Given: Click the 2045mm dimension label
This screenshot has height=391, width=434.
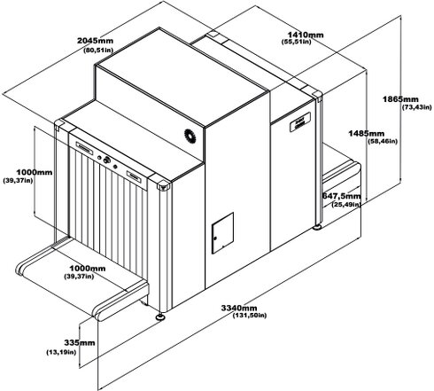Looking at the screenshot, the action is [x=95, y=40].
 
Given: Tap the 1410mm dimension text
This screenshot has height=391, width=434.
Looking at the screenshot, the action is [x=306, y=35].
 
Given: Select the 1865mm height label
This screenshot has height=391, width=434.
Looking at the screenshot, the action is [x=400, y=99].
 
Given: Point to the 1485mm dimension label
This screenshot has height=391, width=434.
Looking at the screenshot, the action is [x=367, y=134].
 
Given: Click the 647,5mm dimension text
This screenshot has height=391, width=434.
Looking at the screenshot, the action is [x=341, y=196].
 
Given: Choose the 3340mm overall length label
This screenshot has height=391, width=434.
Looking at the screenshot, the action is [x=239, y=308].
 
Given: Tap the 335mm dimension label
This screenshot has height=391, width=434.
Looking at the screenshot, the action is [x=80, y=343].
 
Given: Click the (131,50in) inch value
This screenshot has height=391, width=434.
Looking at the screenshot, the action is [x=250, y=316].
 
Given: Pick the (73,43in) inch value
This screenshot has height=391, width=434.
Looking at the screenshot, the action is [x=417, y=107].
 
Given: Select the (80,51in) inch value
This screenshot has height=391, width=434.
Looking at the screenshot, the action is [x=98, y=50].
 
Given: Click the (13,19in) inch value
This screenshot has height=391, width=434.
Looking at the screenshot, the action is [x=61, y=352].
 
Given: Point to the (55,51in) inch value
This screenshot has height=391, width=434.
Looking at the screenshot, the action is [x=297, y=42].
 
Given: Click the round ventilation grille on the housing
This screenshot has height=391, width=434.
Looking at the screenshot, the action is [x=190, y=137].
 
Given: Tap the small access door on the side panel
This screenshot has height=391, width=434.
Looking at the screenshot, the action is [x=222, y=233].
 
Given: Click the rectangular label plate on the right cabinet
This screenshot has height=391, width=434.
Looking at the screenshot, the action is [x=300, y=121].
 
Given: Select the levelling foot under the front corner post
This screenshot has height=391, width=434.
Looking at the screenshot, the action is [x=160, y=317].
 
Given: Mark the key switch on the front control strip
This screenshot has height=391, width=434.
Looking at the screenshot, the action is [x=106, y=160].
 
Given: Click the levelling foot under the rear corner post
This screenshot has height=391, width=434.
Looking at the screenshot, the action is [x=317, y=227].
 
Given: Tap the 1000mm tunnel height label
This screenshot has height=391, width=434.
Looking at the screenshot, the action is [x=35, y=172].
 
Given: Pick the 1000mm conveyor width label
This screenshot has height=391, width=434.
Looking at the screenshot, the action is [x=88, y=269].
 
